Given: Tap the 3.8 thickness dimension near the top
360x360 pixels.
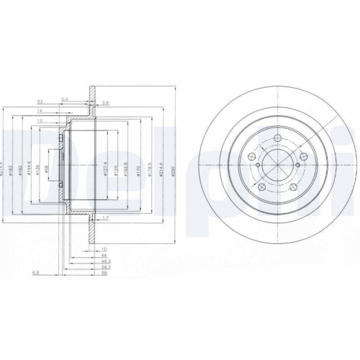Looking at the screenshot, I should click(x=105, y=103).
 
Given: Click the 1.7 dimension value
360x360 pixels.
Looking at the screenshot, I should click(x=105, y=217).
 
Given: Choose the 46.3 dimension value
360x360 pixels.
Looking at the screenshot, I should click(x=104, y=259).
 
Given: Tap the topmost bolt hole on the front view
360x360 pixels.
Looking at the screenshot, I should click(x=277, y=140).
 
